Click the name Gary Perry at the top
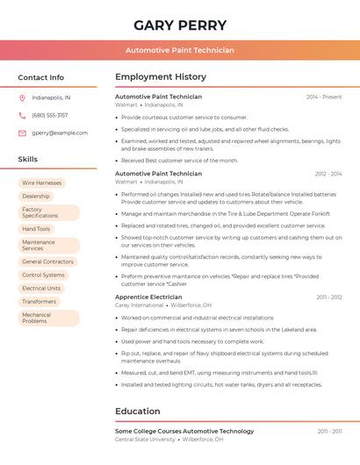click(179, 25)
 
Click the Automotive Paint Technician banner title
click(179, 50)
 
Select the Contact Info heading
click(41, 77)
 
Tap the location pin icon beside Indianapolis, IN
click(22, 97)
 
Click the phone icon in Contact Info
click(22, 115)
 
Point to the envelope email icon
click(22, 132)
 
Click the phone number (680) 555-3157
click(49, 115)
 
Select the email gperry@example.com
click(60, 132)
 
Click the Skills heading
click(28, 159)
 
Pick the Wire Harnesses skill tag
click(41, 183)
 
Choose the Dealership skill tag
click(36, 197)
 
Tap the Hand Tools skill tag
click(36, 229)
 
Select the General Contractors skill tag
click(47, 261)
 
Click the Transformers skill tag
click(39, 301)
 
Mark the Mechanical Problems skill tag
click(36, 318)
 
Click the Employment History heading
click(161, 77)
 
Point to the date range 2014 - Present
click(324, 97)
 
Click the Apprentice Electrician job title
click(148, 297)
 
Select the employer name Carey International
click(140, 305)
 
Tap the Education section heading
click(137, 411)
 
